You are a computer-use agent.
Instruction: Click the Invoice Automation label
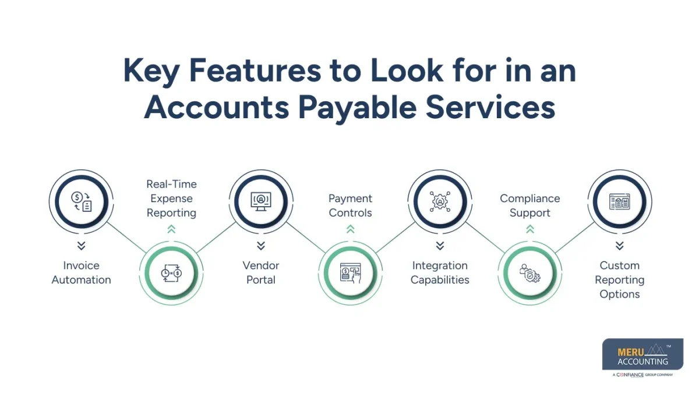[x=81, y=272]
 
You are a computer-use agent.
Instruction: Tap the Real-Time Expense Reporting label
[x=171, y=199]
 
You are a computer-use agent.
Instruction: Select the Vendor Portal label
[x=261, y=272]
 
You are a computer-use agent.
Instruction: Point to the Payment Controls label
[x=350, y=206]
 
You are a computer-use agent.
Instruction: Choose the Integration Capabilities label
[x=440, y=272]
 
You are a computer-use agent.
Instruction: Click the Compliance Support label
[x=529, y=206]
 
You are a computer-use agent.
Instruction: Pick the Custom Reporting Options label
[x=619, y=279]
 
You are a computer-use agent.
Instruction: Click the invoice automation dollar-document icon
[x=82, y=201]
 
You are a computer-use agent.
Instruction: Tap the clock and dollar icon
[x=171, y=273]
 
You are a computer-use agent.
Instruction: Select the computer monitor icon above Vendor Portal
[x=261, y=201]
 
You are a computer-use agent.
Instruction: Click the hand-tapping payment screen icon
[x=350, y=273]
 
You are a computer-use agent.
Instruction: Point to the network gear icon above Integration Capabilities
[x=440, y=201]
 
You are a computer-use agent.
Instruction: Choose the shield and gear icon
[x=529, y=273]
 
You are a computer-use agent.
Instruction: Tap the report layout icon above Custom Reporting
[x=619, y=201]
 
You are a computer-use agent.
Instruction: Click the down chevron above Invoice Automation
[x=82, y=245]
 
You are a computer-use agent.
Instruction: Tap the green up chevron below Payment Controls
[x=350, y=229]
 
